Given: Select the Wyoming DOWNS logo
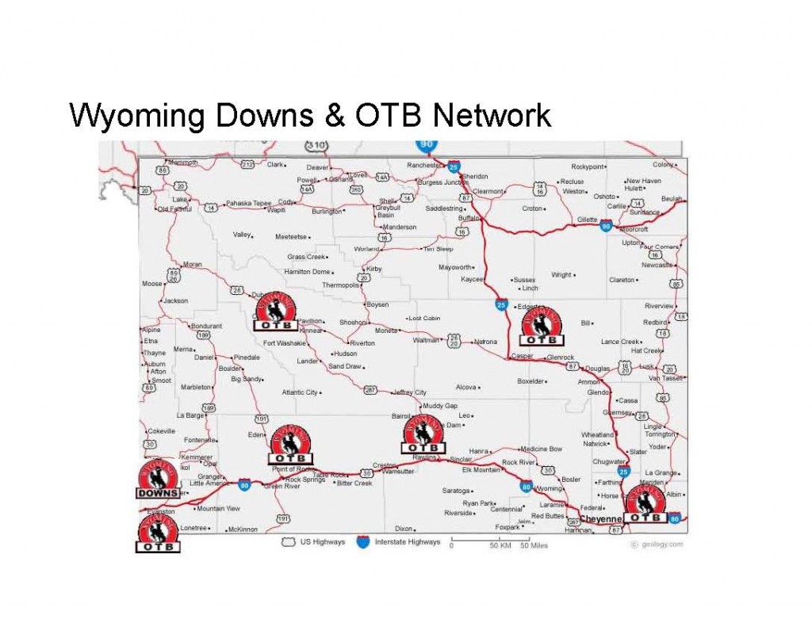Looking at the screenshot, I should [x=158, y=480].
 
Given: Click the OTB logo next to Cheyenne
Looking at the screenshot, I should [x=645, y=504].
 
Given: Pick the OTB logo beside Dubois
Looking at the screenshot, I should [x=275, y=311].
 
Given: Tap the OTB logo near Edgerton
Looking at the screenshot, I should [x=542, y=327].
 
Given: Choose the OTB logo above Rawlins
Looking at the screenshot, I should [x=423, y=434].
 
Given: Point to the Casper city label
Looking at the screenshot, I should [x=523, y=357].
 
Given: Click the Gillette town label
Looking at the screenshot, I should [x=588, y=220].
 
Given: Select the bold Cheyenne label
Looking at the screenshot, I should [x=599, y=519].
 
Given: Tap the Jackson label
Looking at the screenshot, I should [x=176, y=301].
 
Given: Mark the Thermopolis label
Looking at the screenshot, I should [x=340, y=285].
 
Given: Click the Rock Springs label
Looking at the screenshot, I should [x=305, y=480].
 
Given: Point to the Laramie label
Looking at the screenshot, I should [x=552, y=504].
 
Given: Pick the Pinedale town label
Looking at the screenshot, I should [x=247, y=357].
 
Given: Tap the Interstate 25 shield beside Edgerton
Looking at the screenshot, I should [x=501, y=304].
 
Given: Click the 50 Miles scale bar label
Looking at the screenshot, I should [x=534, y=546].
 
